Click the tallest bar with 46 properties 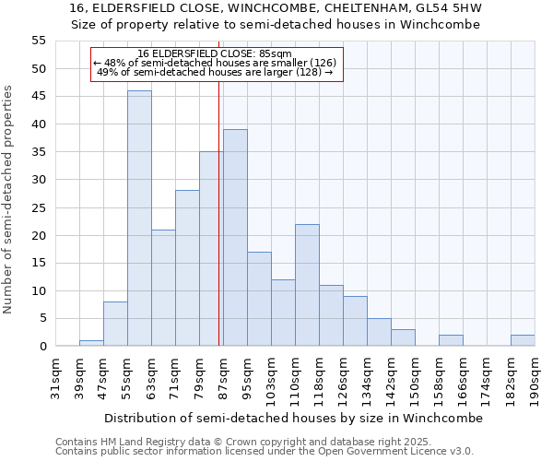[x=139, y=219]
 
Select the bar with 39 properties [x=235, y=238]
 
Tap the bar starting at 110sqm [x=307, y=285]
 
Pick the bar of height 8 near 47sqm [x=115, y=324]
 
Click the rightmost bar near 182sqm [x=523, y=340]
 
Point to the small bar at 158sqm [x=451, y=340]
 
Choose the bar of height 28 [x=187, y=268]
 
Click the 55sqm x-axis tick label [x=128, y=375]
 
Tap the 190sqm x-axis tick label [x=535, y=375]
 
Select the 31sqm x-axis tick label [x=56, y=375]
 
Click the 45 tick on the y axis [x=39, y=97]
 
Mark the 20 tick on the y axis [x=39, y=235]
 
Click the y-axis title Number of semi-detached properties [x=9, y=199]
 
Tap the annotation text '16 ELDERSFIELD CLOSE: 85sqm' [x=214, y=53]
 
